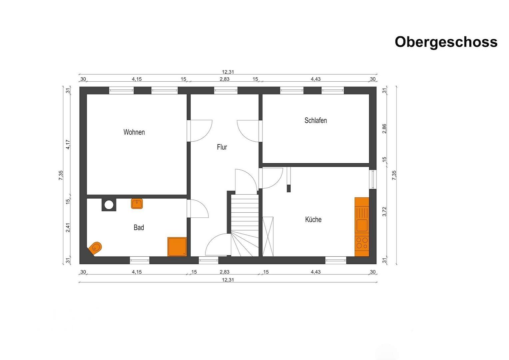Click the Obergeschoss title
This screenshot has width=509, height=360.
(446, 42)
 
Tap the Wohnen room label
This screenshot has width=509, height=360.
(134, 132)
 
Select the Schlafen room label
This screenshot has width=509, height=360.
(315, 120)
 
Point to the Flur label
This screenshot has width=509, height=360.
(222, 147)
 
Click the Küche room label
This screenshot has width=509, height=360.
(313, 219)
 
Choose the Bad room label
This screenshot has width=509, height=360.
(139, 227)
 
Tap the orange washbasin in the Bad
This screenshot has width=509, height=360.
(137, 204)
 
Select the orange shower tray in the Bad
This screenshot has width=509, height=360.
(177, 247)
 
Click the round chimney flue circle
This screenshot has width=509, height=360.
(109, 205)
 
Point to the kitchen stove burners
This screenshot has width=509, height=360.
(362, 243)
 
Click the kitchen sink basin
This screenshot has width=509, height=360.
(362, 225)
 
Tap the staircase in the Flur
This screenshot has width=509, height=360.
(245, 225)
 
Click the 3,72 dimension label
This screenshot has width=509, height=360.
(384, 212)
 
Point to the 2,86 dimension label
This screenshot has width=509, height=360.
(384, 129)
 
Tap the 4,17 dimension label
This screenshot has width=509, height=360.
(68, 144)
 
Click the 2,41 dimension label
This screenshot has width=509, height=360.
(68, 228)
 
